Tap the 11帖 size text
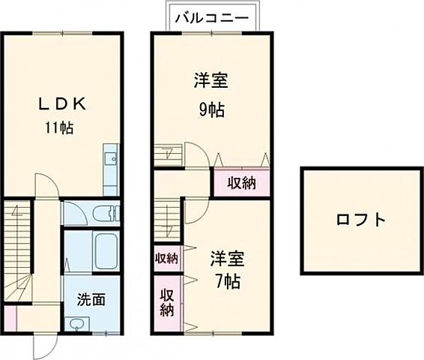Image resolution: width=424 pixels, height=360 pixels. click(58, 127)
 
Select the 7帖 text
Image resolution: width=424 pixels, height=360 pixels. click(227, 284)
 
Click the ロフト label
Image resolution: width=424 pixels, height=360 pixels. click(360, 220)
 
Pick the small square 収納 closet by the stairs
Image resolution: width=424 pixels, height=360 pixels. click(166, 259)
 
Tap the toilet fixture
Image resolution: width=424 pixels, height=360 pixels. click(104, 213)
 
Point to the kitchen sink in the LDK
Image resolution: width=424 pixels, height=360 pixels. click(111, 158)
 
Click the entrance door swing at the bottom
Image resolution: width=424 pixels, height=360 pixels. click(46, 344)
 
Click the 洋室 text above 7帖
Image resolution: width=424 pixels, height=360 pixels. click(227, 259)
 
